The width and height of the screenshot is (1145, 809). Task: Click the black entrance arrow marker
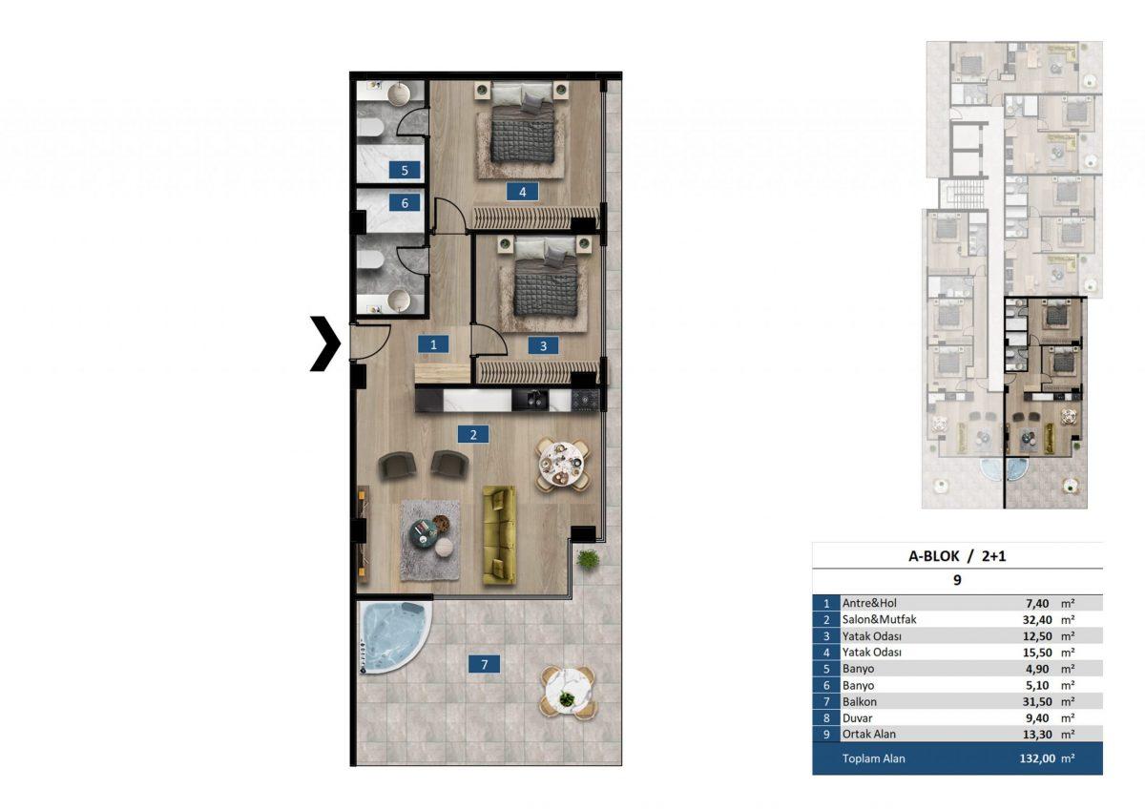(327, 343)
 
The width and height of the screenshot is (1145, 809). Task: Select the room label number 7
(484, 664)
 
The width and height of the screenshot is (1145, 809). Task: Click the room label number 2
(473, 434)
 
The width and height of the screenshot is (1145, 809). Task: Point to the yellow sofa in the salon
(499, 535)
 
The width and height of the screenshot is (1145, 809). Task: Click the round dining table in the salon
(562, 465)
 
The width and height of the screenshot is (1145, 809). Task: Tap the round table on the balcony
(568, 693)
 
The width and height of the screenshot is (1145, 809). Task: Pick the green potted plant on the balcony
(588, 560)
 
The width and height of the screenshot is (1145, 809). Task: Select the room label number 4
(523, 192)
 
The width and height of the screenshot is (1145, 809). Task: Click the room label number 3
(543, 346)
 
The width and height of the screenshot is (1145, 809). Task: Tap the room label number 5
(405, 170)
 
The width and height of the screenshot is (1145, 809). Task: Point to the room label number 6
(405, 203)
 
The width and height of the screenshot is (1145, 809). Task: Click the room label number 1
(433, 344)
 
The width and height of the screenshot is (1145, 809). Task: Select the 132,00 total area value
(1038, 758)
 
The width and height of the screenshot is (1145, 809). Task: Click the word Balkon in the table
(860, 702)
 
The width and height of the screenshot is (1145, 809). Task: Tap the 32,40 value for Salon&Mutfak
(1038, 620)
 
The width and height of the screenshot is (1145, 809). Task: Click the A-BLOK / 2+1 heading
(957, 556)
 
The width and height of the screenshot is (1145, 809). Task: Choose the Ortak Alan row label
(869, 735)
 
